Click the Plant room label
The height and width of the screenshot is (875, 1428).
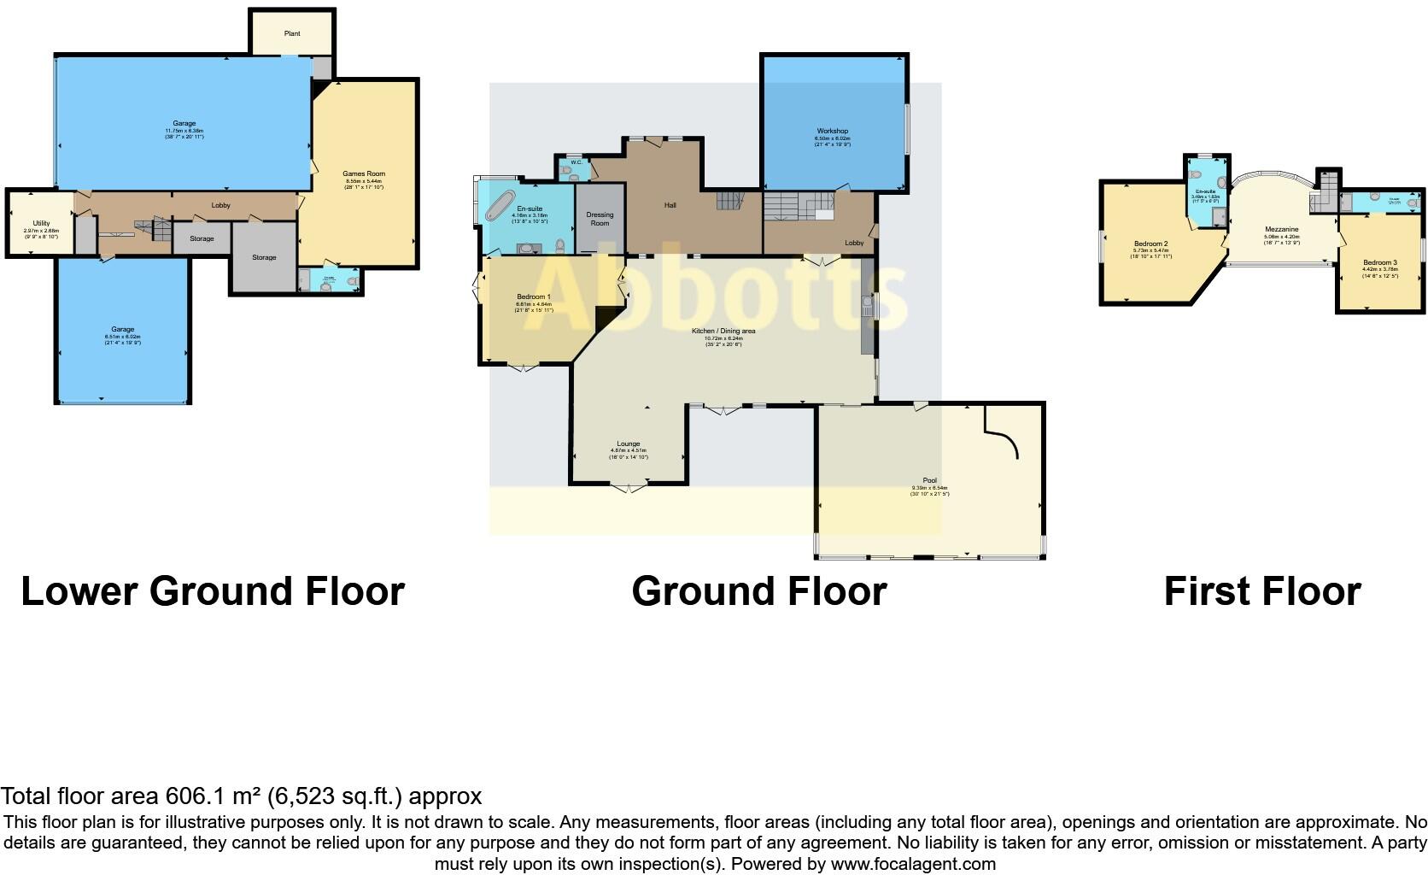(292, 34)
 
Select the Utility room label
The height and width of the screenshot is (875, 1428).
(41, 223)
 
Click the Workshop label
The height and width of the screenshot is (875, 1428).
(832, 132)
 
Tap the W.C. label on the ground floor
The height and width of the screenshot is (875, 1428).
(576, 162)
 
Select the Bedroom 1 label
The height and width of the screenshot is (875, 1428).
(534, 297)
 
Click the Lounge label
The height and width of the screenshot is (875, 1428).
(628, 444)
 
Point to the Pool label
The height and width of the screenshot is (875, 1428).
(929, 480)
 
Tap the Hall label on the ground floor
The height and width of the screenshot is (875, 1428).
(670, 205)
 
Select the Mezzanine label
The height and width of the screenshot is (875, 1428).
(1281, 230)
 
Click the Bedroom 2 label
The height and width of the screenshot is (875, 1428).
(1150, 244)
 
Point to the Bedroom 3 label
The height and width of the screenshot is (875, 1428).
(1379, 262)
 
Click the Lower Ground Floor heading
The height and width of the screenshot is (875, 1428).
(212, 591)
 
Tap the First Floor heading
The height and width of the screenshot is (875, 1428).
(1261, 591)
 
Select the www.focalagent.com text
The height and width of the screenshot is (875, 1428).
(912, 864)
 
